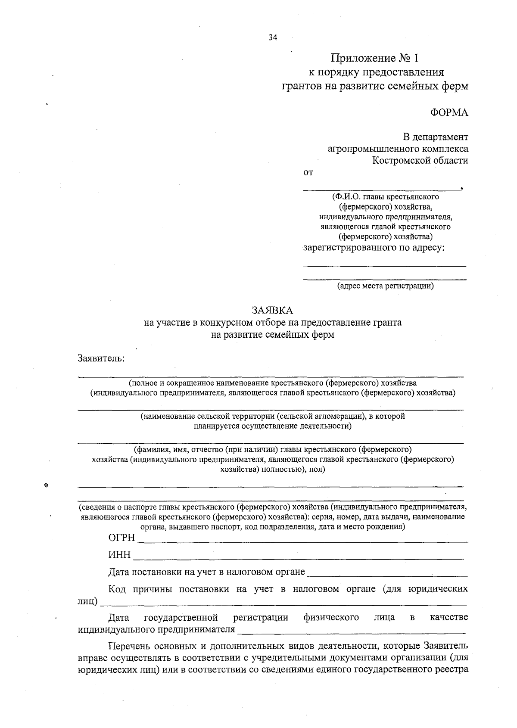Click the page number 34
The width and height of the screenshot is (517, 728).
click(x=273, y=37)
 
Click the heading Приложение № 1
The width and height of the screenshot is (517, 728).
click(x=374, y=58)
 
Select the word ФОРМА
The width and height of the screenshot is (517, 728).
click(x=449, y=113)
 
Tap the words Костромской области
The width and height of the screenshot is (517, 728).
click(x=420, y=161)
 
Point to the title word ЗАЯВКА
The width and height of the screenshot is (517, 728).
click(x=272, y=310)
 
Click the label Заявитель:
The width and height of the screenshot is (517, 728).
click(x=101, y=358)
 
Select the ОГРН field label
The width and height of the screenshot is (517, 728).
click(x=121, y=538)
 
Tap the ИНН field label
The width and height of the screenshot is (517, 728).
click(x=119, y=555)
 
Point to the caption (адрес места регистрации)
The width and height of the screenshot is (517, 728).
click(x=385, y=286)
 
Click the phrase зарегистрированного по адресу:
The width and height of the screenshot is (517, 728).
click(x=374, y=248)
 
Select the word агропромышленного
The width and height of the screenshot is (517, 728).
click(x=368, y=149)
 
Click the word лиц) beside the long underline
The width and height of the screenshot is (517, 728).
click(x=87, y=601)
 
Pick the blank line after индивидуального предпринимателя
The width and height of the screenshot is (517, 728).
click(x=351, y=632)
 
